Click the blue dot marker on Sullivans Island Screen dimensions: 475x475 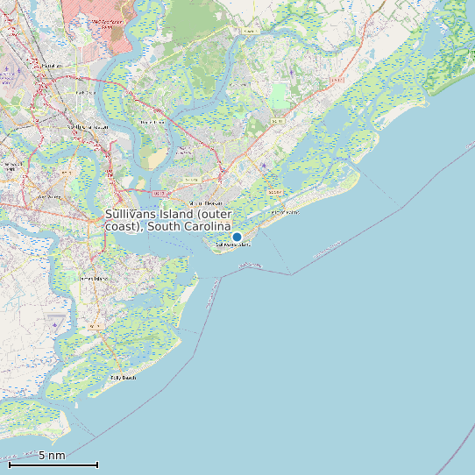point(237,237)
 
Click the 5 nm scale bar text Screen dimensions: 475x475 point(52,456)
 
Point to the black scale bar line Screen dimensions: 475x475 point(53,464)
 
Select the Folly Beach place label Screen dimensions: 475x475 point(123,378)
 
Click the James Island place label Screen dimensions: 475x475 point(92,278)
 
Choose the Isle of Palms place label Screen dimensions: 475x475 point(285,212)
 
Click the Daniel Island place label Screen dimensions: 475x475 point(152,122)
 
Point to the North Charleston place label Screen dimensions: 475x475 point(88,127)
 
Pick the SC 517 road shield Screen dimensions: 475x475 point(274,192)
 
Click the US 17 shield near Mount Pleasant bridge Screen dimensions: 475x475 point(159,193)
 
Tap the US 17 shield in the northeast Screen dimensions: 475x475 point(336,80)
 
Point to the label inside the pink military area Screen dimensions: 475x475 point(107,23)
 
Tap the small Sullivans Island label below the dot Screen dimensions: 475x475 point(232,245)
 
